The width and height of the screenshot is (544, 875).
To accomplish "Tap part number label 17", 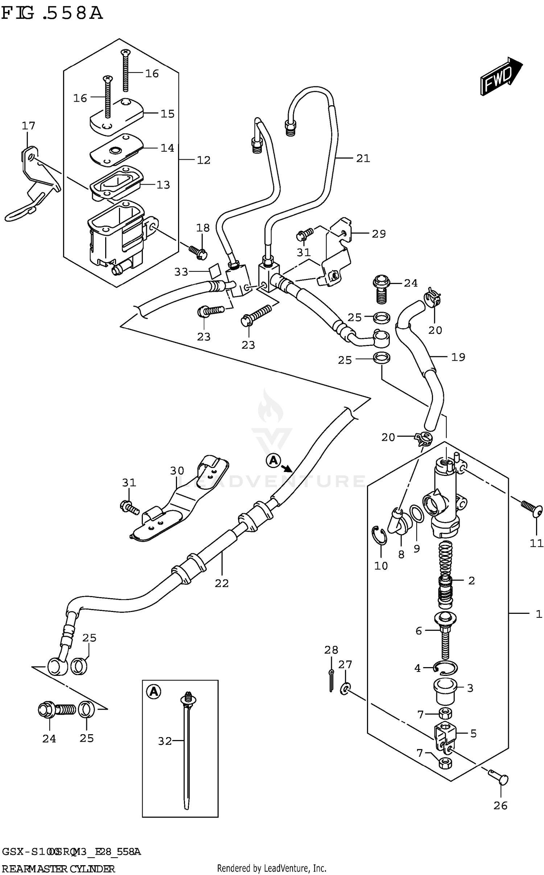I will [28, 126].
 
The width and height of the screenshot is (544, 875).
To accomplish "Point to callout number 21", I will [363, 158].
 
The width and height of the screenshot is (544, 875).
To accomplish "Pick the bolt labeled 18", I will [198, 251].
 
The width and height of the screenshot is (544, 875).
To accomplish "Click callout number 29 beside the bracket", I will [378, 234].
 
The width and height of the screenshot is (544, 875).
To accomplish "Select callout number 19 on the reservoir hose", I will [458, 357].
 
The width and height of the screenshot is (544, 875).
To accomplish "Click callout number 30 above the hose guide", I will [177, 471].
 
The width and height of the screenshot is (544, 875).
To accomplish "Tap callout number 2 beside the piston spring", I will [471, 580].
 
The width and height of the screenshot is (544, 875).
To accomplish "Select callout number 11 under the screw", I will [536, 543].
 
